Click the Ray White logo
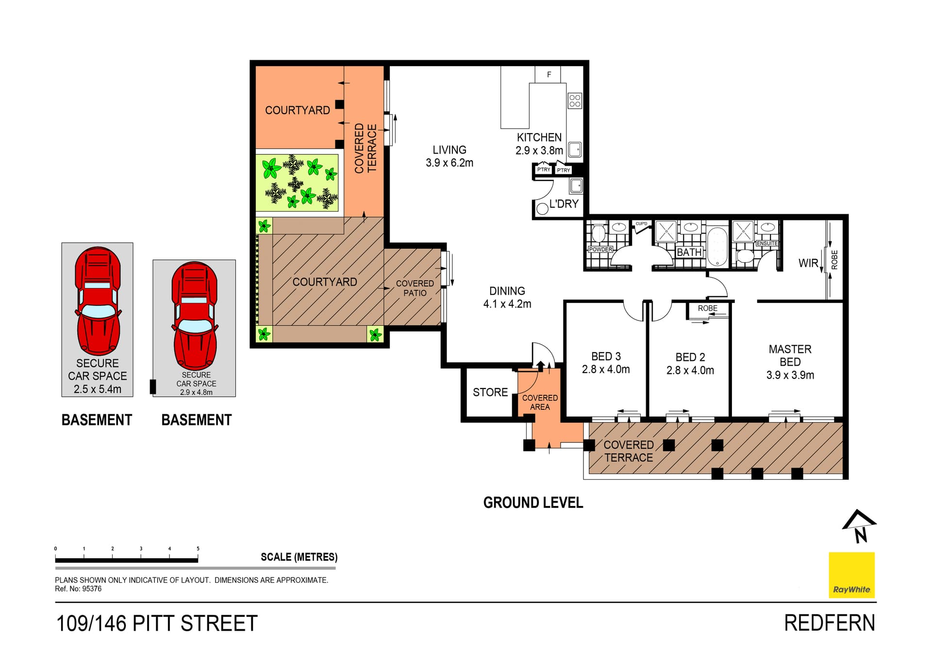pos(851,575)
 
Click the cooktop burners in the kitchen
pos(575,101)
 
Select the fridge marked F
pos(549,75)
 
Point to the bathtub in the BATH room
pos(717,246)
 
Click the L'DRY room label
pos(564,204)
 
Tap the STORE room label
pos(490,392)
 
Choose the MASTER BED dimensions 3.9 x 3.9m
pos(790,375)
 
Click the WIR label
pos(808,263)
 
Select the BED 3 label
pos(606,356)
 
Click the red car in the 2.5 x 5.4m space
pos(98,301)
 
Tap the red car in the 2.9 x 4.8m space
pos(195,316)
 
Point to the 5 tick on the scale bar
pos(198,549)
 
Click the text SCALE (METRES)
pos(299,557)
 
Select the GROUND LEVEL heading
pos(533,503)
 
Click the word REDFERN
pos(829,623)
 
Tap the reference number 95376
pos(92,589)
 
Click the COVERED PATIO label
pos(415,288)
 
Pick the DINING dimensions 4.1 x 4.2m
pos(507,304)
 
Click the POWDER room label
pos(600,249)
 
